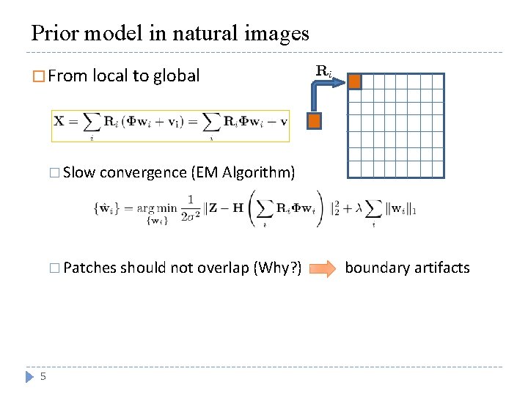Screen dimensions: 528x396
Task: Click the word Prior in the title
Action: [x=56, y=33]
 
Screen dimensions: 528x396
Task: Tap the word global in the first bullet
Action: [x=177, y=76]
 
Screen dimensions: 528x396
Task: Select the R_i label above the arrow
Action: [x=323, y=71]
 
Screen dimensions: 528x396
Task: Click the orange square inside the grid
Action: [x=355, y=81]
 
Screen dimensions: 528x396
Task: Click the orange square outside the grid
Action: [x=315, y=121]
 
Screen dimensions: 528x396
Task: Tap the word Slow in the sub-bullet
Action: [x=79, y=172]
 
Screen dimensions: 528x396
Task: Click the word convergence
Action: [x=143, y=172]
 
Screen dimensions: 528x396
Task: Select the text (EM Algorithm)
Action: [x=243, y=172]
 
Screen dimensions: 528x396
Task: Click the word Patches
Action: [x=90, y=268]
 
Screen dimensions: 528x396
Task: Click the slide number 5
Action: [x=43, y=376]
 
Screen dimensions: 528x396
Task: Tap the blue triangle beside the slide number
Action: [x=29, y=376]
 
